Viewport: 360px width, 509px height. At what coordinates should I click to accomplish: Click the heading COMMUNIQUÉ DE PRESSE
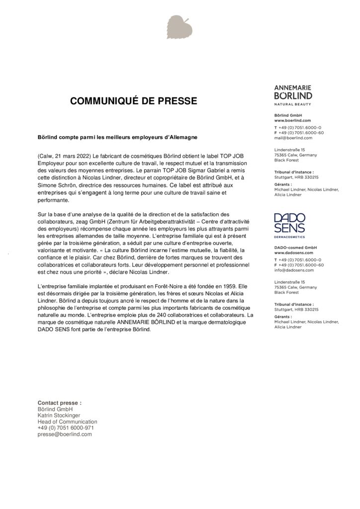(133, 101)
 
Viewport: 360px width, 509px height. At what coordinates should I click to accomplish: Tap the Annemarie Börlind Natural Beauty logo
(293, 95)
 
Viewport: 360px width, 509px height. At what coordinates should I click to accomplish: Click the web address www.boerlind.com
(292, 120)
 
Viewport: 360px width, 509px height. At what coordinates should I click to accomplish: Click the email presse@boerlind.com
(65, 434)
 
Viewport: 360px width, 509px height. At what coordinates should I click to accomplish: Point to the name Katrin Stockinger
(59, 415)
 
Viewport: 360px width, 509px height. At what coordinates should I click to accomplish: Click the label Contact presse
(60, 403)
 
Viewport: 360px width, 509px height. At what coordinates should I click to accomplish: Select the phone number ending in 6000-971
(66, 427)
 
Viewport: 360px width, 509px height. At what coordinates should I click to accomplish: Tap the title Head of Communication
(68, 422)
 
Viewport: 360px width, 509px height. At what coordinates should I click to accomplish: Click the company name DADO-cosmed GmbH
(296, 248)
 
